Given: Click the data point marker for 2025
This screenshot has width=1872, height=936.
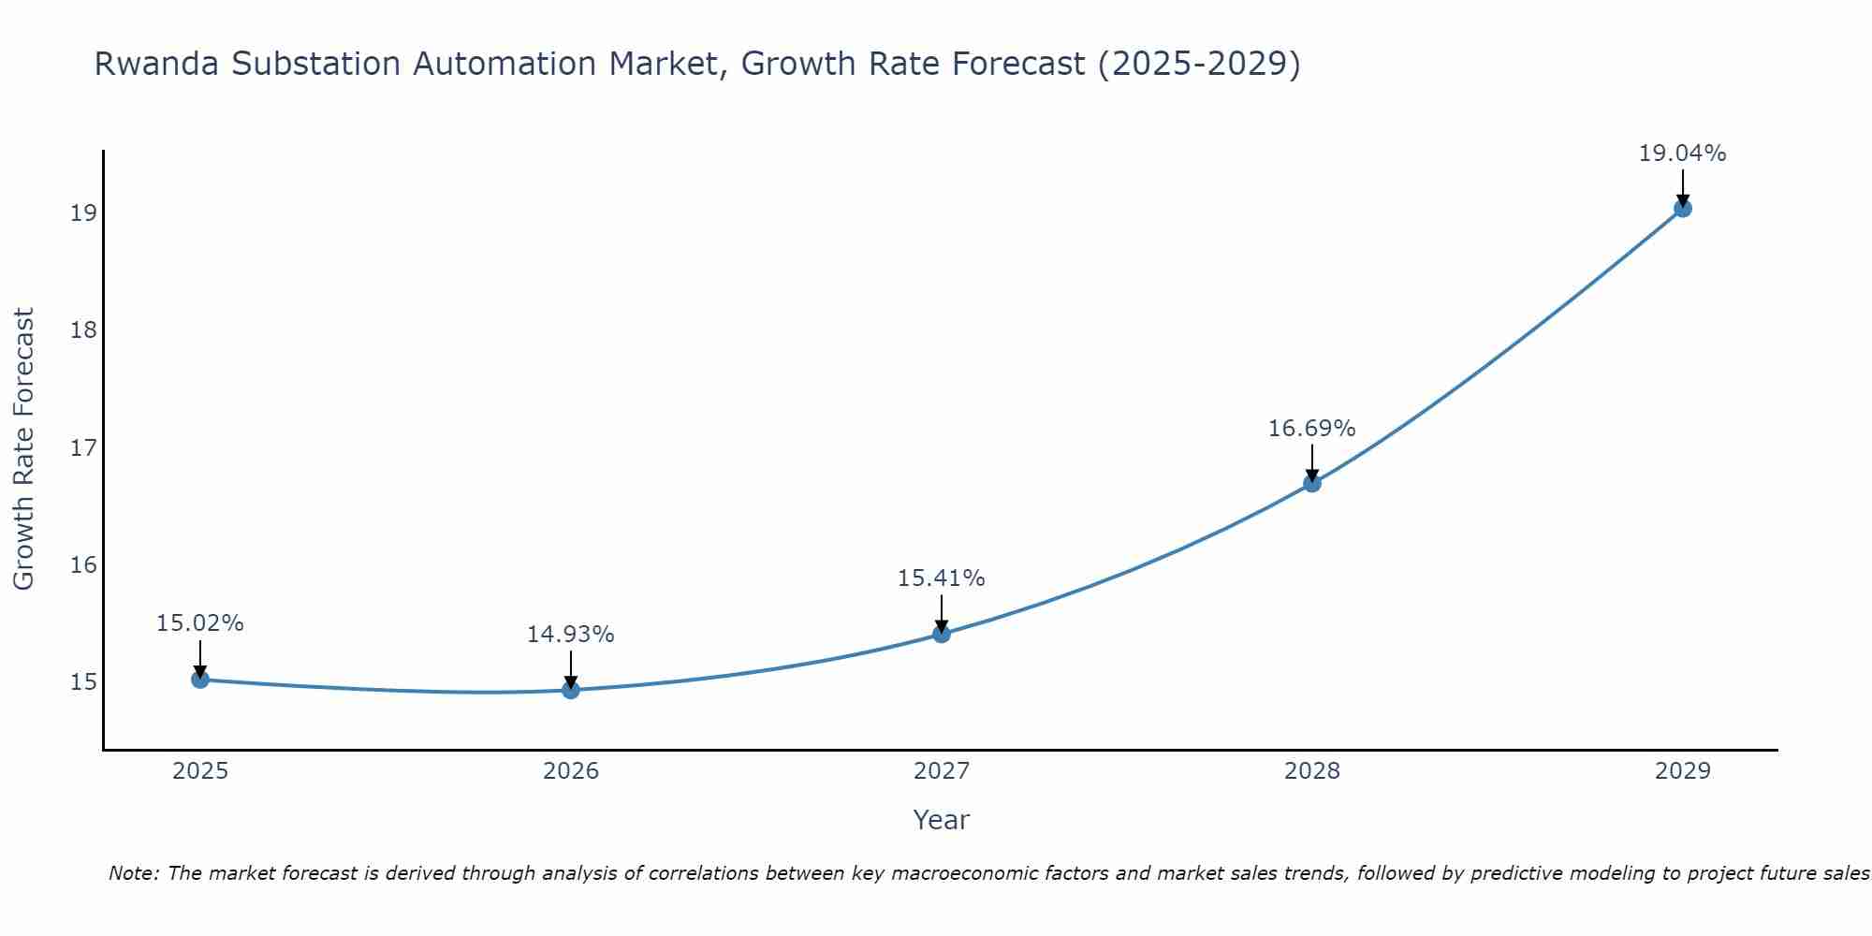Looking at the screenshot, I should coord(200,680).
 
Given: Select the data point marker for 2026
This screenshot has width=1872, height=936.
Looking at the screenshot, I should coord(571,691).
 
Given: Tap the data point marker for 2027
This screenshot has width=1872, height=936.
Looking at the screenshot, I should coord(942,635).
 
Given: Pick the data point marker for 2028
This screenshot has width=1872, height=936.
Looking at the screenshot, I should coord(1312,484).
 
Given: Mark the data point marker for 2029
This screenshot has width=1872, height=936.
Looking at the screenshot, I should coord(1683,209).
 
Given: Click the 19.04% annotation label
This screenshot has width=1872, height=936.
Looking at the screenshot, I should coord(1682,154).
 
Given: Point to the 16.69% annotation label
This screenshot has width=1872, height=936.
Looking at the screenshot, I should coord(1311,429).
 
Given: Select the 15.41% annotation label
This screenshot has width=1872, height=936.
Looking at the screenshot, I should coord(941,578).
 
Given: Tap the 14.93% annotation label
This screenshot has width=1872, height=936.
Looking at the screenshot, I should coord(570,635).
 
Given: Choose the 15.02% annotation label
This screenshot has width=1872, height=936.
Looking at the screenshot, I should coord(199,623).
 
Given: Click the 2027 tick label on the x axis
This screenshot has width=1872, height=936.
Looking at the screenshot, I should coord(942,771).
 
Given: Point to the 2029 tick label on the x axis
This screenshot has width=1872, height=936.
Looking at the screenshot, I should coord(1683,771).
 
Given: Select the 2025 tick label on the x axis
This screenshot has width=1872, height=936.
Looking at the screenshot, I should coord(200,771).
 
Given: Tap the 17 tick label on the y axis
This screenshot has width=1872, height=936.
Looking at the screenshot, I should coord(83,448).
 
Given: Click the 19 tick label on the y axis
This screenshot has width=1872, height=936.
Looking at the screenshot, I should coord(83,213).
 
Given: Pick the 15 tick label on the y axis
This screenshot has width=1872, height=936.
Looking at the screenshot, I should coord(83,682).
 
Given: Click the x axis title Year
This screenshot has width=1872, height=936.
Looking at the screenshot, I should coord(941,820).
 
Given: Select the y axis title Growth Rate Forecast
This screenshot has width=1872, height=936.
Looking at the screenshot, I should coord(24,449).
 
